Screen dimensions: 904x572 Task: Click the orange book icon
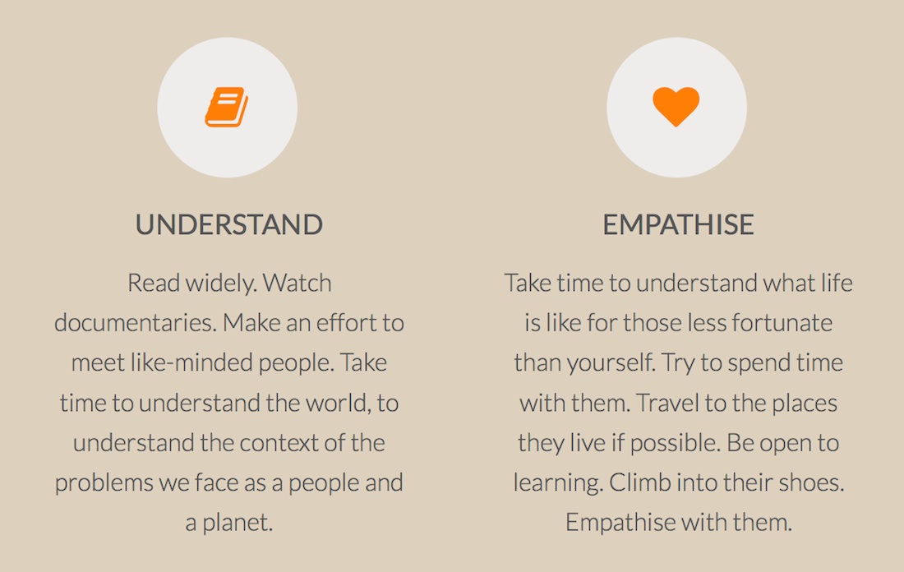227,107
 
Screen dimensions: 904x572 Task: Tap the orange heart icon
676,107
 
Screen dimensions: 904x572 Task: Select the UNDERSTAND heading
229,225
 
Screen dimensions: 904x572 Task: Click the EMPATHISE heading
678,225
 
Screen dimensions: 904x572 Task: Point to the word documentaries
136,323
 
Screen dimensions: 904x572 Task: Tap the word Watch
297,283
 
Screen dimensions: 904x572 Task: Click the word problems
104,483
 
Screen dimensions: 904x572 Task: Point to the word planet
237,523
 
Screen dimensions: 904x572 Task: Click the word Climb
639,482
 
